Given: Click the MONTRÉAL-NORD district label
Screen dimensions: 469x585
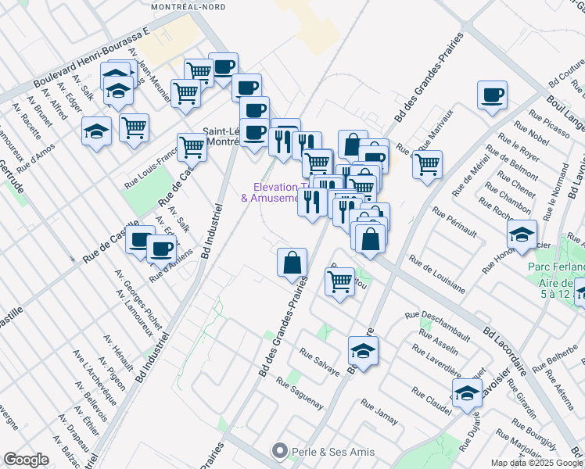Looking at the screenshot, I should pos(188,6).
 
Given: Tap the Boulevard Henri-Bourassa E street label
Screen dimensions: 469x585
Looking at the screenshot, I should pos(92,60).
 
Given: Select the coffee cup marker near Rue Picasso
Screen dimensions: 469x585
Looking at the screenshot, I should pos(492,96).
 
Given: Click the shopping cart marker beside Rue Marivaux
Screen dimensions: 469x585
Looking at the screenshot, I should pos(428,166).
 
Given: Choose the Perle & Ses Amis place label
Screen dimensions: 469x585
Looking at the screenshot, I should pos(323,452).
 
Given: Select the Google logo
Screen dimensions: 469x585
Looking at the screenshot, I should pos(26,459).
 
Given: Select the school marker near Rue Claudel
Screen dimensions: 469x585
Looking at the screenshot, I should pos(467,395).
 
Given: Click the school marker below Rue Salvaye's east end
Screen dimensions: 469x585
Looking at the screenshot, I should pos(363,353).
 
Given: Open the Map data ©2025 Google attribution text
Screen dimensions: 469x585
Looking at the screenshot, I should pos(537,462).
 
